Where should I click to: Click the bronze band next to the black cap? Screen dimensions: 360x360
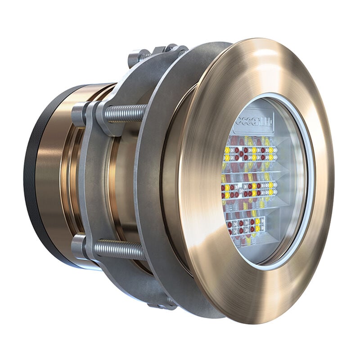(x=49, y=180)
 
